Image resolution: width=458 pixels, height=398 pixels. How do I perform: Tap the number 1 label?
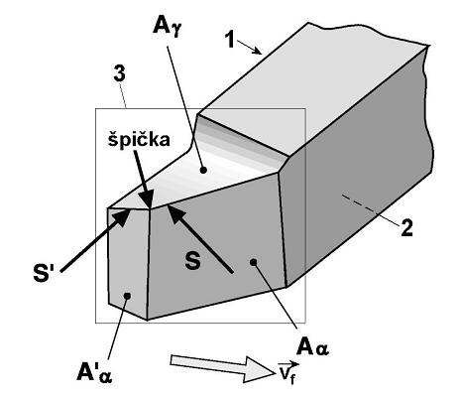pos(230,40)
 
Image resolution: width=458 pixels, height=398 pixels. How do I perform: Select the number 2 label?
pos(406,228)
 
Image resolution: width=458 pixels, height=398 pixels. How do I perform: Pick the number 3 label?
pos(119,74)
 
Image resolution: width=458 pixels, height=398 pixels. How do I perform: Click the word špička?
pos(139,140)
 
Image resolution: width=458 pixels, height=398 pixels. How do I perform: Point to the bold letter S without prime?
pos(192,260)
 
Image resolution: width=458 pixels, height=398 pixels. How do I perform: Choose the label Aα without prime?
pos(312,347)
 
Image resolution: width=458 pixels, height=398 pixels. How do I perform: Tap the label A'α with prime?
pos(94,373)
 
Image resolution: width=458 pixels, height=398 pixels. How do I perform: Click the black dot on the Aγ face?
pos(203,170)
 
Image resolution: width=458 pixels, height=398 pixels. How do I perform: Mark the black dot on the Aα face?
pos(254,262)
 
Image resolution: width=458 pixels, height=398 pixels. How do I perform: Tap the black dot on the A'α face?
pos(127,296)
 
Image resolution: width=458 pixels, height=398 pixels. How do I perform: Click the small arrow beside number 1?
pos(249,47)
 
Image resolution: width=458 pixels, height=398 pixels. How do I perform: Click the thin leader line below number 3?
pos(123,95)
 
